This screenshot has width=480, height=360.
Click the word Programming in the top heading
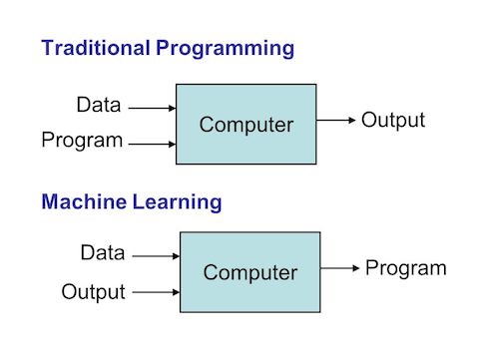tap(222, 47)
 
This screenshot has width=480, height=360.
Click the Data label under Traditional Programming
tap(100, 105)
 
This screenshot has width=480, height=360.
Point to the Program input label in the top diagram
tap(82, 141)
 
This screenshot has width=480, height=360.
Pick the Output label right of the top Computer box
tap(392, 121)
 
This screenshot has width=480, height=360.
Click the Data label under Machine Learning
tap(103, 253)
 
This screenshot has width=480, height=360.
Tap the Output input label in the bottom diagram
tap(93, 291)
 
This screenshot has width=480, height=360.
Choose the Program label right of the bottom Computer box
tap(405, 267)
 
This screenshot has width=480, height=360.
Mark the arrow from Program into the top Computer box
tap(152, 144)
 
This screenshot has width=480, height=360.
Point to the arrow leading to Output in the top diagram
tap(335, 121)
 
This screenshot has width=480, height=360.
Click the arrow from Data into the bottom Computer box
tap(155, 255)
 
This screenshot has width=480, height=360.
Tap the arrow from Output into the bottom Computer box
tap(155, 293)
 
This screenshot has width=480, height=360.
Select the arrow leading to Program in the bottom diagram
tap(340, 267)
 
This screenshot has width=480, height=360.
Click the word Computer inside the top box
tap(246, 125)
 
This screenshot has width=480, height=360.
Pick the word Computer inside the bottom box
tap(249, 272)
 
